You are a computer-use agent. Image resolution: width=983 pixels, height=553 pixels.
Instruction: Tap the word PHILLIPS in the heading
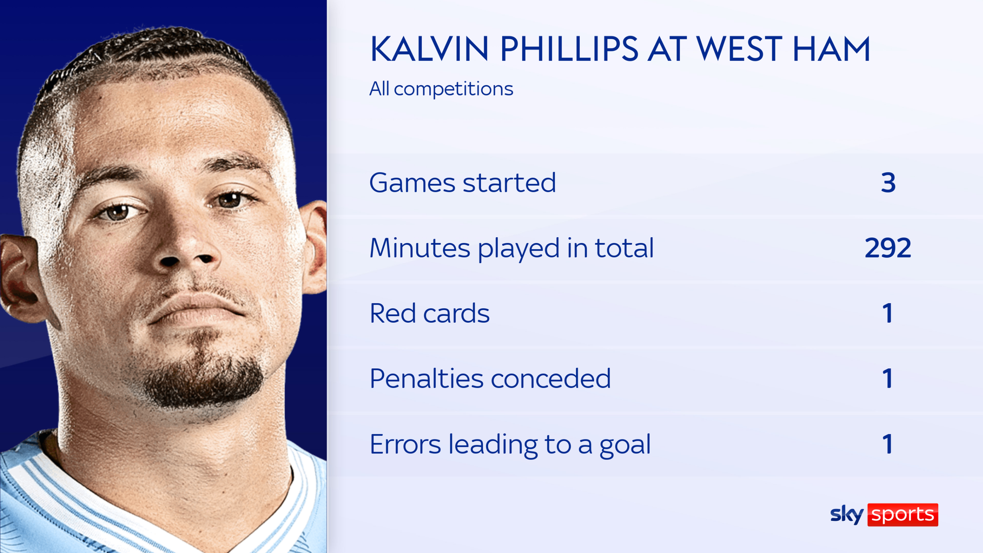coord(569,49)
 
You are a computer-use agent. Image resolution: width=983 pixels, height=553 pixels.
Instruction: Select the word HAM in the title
coord(831,49)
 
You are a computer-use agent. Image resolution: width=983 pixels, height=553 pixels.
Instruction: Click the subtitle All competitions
coord(441,89)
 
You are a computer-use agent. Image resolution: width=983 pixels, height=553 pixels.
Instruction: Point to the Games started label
coord(462,183)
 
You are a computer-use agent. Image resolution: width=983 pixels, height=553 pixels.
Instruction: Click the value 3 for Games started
coord(888,183)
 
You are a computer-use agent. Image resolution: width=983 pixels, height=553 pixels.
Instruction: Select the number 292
coord(887,248)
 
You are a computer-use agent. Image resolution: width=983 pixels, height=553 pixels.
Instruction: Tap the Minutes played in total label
coord(511,248)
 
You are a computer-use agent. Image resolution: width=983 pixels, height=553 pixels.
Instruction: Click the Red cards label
coord(429,313)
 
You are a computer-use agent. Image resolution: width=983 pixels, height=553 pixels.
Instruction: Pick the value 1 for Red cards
coord(888,313)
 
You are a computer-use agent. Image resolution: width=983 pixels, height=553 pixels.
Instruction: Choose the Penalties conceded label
coord(490,379)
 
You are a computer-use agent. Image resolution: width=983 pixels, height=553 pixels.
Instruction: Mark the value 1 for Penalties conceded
coord(888,379)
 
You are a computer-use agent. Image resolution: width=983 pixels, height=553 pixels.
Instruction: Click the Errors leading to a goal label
coord(510,444)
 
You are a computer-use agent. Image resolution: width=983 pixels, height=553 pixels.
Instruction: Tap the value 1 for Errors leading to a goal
coord(888,444)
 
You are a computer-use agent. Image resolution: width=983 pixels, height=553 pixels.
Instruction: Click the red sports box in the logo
coord(902,515)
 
